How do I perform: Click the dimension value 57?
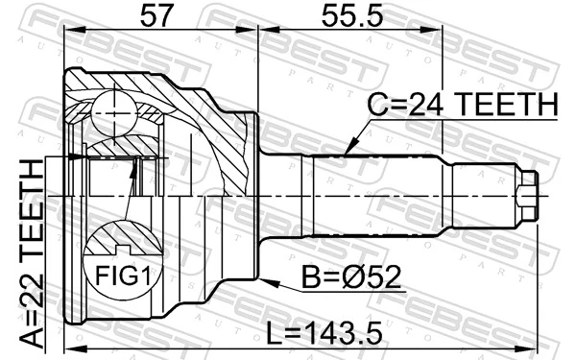pos(160,17)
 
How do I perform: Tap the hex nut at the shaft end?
pos(525,195)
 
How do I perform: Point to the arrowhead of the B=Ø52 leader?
pos(264,280)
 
